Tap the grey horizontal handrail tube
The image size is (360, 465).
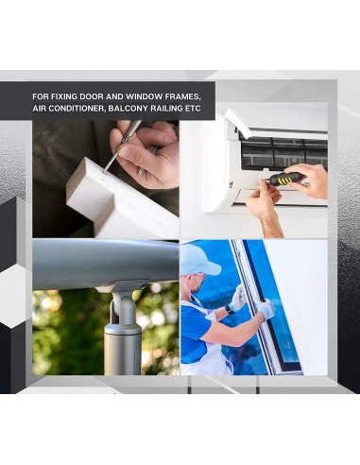(105, 261)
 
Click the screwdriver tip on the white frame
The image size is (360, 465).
(105, 171)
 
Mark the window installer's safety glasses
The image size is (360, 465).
(201, 275)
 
